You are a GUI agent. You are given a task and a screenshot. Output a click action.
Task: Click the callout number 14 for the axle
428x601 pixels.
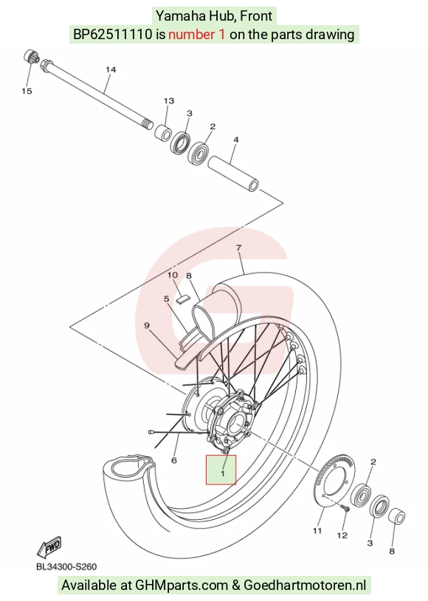[x=111, y=69]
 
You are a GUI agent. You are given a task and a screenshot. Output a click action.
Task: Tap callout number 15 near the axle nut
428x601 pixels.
[x=27, y=92]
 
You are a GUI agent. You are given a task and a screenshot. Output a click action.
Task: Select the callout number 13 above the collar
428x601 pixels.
[x=169, y=101]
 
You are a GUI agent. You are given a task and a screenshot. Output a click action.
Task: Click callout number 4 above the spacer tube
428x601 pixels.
[x=236, y=140]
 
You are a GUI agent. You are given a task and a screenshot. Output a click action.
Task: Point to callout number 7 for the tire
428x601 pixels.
[x=238, y=248]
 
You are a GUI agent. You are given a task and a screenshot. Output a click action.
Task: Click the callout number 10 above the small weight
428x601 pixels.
[x=173, y=275]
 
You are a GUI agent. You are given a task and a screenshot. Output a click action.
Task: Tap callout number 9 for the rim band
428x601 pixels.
[x=147, y=326]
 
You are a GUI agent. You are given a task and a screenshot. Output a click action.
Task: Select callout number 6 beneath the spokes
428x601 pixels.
[x=174, y=460]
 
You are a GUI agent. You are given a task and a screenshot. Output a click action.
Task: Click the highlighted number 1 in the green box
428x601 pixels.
[x=223, y=474]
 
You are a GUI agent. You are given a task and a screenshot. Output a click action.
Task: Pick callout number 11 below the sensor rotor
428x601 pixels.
[x=317, y=531]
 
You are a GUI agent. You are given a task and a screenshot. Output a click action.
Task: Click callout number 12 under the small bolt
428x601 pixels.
[x=342, y=535]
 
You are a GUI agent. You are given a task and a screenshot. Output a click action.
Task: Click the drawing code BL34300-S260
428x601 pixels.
[x=66, y=566]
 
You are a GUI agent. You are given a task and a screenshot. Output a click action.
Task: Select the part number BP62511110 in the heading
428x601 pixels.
[x=113, y=35]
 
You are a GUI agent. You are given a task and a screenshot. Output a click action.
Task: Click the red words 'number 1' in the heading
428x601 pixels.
[x=196, y=35]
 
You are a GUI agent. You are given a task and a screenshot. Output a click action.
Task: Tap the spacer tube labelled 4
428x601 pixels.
[x=233, y=174]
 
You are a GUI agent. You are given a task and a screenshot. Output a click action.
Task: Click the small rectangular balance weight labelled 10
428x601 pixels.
[x=183, y=299]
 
